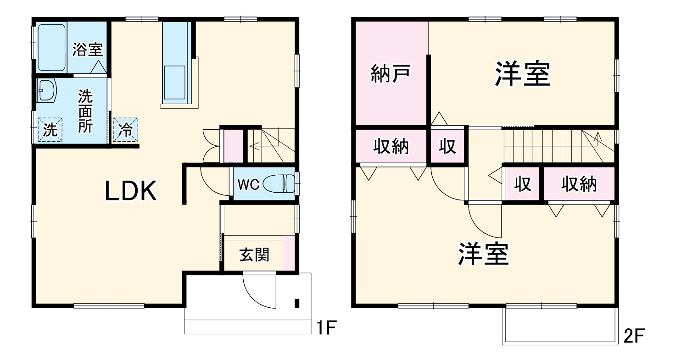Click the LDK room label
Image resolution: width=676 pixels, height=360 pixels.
point(131,191)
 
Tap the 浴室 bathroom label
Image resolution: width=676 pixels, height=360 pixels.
point(88,50)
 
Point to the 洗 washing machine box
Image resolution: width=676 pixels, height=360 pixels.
point(50,130)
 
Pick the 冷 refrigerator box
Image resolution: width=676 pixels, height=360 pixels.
point(125,130)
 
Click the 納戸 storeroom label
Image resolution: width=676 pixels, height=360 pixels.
point(390,74)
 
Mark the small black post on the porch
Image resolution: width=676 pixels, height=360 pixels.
point(296,303)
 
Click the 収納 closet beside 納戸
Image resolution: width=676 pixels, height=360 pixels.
point(391,147)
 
